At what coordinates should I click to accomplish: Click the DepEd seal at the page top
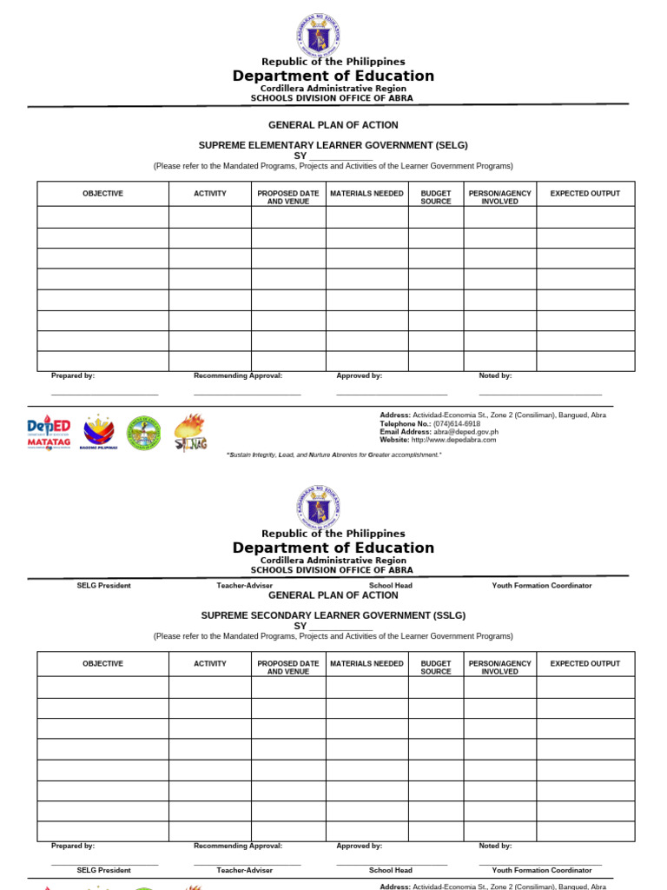(x=318, y=35)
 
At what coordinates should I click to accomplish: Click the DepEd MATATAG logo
(x=49, y=432)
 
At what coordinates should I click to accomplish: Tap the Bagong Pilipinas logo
(x=99, y=432)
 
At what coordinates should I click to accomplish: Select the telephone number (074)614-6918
(x=457, y=423)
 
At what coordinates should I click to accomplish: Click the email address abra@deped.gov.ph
(x=466, y=431)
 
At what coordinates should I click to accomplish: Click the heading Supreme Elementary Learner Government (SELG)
(x=333, y=144)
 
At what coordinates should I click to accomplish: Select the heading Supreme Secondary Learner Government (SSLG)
(x=333, y=614)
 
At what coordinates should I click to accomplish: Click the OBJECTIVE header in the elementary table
(x=102, y=193)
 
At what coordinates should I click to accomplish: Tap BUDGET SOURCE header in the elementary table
(x=435, y=197)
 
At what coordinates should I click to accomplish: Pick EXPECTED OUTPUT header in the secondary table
(x=584, y=663)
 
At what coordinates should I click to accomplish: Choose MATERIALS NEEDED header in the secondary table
(x=367, y=663)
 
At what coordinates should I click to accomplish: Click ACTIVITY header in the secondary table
(x=210, y=663)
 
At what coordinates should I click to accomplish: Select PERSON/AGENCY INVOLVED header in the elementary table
(x=499, y=197)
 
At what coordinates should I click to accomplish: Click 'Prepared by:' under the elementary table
(x=73, y=375)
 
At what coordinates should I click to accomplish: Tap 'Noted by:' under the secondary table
(x=495, y=846)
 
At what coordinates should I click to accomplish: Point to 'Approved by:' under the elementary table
(x=359, y=375)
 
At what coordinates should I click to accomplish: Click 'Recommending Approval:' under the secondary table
(x=238, y=846)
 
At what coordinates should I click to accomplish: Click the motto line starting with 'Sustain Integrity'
(x=333, y=455)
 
